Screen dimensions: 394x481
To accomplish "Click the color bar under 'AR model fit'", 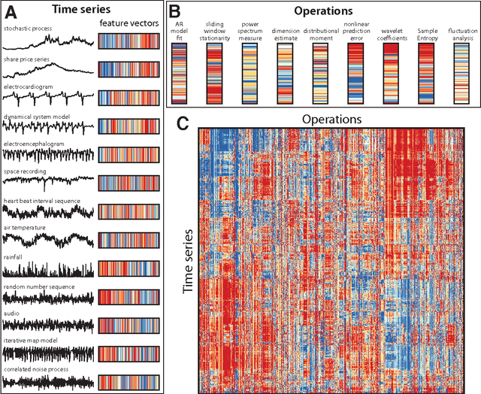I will coord(180,72).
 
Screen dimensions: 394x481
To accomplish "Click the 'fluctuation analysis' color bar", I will coord(461,72).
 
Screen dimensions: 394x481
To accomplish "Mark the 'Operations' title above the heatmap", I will coord(338,120).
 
